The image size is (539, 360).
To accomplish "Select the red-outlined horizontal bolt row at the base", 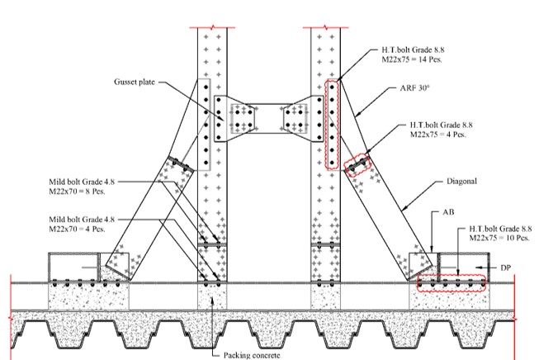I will coord(452,285).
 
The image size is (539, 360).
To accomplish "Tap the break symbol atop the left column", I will coord(212,26).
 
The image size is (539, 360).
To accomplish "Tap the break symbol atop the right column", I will coord(326,26).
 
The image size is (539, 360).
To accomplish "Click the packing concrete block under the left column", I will coord(212,297).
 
